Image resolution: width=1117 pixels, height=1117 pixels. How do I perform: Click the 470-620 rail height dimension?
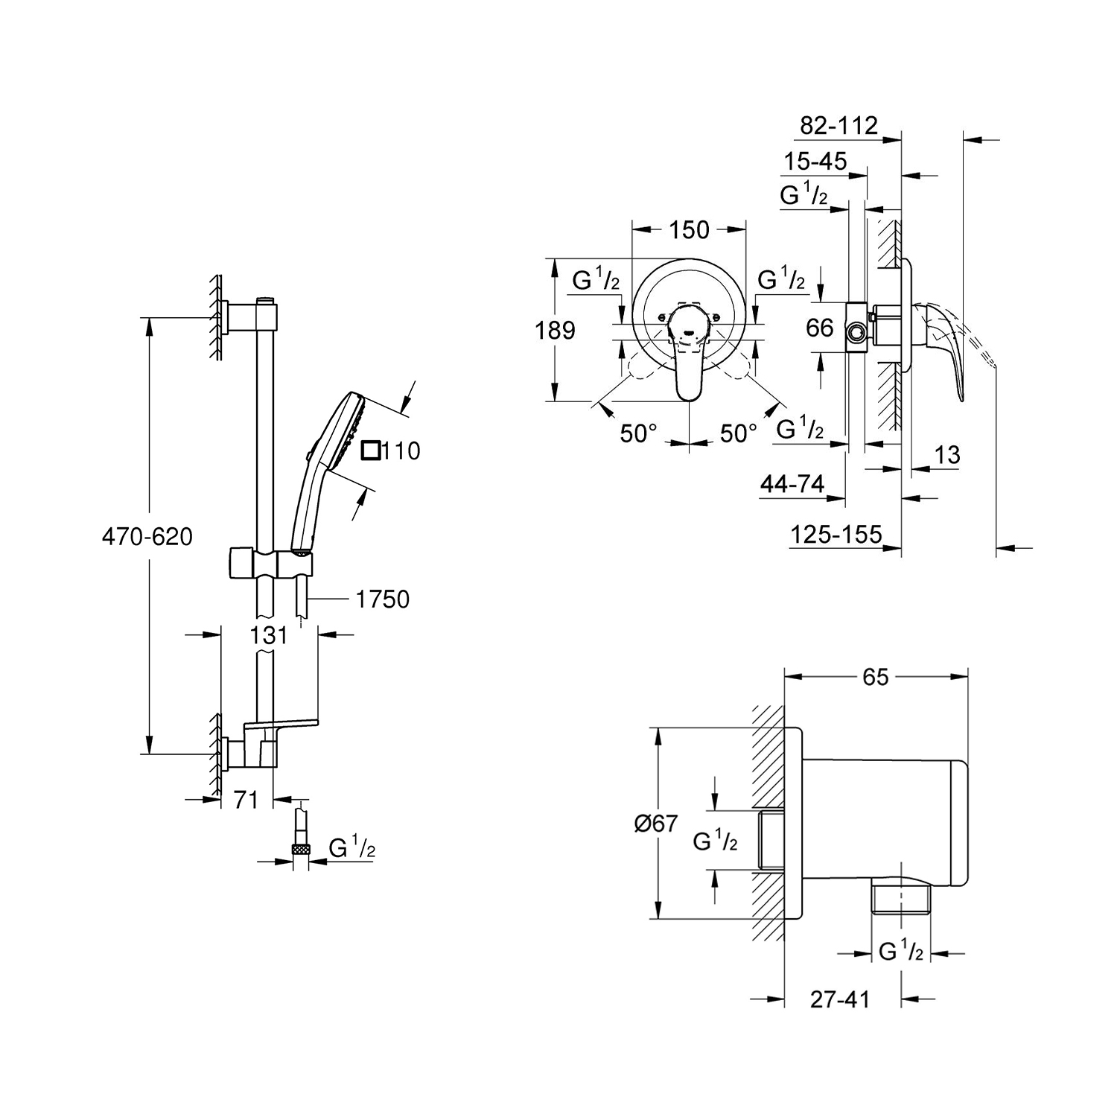(x=147, y=536)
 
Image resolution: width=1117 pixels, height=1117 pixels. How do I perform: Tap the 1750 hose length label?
(x=383, y=599)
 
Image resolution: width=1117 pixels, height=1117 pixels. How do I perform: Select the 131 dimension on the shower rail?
(x=269, y=634)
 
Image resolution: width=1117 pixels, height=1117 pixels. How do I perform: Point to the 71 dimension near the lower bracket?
(x=246, y=800)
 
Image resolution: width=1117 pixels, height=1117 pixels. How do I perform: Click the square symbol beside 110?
(x=371, y=451)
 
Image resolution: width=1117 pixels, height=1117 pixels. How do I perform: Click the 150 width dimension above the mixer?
(x=689, y=230)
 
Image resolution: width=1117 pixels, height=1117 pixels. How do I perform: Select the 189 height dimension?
(x=556, y=330)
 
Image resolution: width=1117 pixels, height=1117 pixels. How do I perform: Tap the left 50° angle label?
(x=639, y=433)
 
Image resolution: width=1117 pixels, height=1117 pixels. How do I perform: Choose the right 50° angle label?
(x=738, y=433)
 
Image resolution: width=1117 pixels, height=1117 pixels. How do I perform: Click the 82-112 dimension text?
(x=839, y=125)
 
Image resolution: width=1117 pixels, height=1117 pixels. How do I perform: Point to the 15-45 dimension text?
(x=815, y=161)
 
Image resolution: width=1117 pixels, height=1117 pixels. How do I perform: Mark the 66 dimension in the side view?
(x=820, y=328)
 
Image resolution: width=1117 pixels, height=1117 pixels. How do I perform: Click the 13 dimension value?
(x=947, y=455)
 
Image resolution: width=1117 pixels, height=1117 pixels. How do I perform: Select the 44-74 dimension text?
(x=792, y=485)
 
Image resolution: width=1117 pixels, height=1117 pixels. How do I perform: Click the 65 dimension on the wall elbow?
(x=876, y=677)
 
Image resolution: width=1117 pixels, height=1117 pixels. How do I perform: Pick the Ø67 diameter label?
(x=655, y=824)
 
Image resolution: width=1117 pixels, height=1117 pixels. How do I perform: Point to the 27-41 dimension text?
(x=840, y=999)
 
